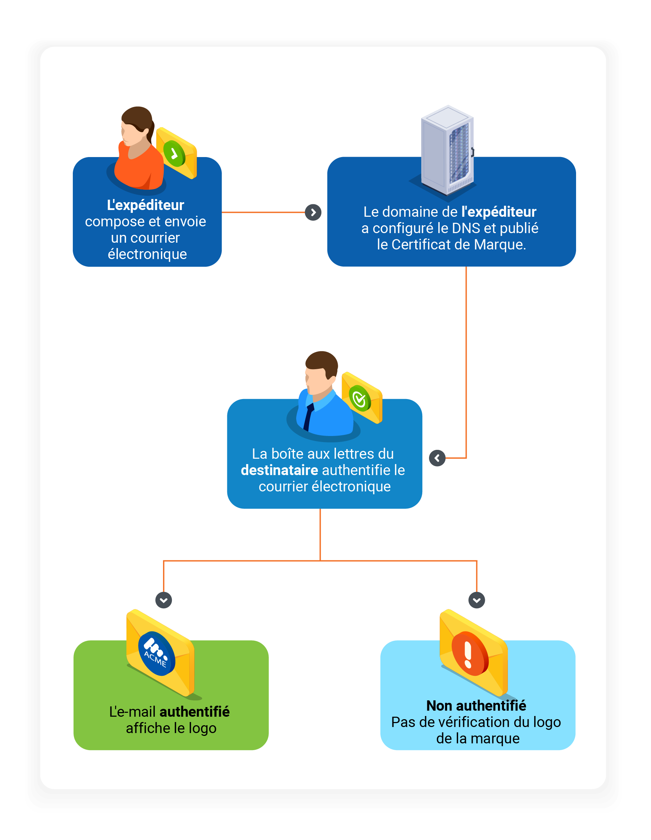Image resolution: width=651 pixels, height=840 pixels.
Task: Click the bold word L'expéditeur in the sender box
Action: click(x=145, y=205)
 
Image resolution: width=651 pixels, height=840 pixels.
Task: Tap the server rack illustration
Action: click(x=447, y=150)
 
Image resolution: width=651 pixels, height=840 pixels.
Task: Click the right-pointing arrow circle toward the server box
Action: click(x=313, y=212)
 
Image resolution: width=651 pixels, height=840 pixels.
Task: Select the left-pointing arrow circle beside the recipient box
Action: click(x=437, y=458)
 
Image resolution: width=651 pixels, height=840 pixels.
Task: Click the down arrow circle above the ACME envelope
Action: click(x=163, y=600)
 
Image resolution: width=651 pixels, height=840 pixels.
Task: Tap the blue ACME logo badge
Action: click(x=157, y=654)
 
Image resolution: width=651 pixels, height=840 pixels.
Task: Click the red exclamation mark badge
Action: click(x=470, y=654)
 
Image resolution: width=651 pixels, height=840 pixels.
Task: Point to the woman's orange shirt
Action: click(x=139, y=169)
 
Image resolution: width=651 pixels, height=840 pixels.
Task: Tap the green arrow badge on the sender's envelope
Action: click(x=174, y=154)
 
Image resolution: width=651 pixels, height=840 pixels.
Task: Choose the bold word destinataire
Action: click(x=279, y=470)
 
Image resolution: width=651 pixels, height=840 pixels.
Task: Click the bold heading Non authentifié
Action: click(x=476, y=706)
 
